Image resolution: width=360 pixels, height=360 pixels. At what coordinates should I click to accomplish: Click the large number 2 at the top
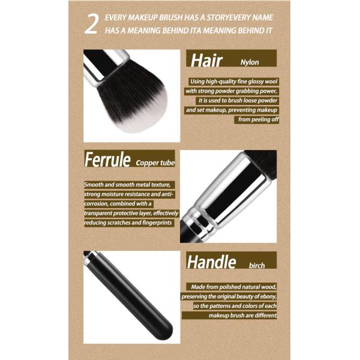[x=91, y=26]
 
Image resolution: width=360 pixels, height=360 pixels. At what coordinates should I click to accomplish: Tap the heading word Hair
[x=207, y=59]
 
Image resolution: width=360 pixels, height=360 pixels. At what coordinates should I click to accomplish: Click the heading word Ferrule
[x=108, y=160]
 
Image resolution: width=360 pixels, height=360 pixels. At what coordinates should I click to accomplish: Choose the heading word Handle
[x=211, y=262]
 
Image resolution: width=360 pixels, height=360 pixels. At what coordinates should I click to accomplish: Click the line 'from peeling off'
[x=259, y=119]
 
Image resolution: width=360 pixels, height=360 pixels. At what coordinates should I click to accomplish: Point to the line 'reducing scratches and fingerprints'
[x=128, y=223]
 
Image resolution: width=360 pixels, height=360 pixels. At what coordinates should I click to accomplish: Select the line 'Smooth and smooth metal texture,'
[x=128, y=184]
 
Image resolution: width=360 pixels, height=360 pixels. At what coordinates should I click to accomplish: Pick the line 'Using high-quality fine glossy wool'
[x=233, y=81]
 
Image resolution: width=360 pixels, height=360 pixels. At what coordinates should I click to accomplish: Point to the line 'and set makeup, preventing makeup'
[x=232, y=110]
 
